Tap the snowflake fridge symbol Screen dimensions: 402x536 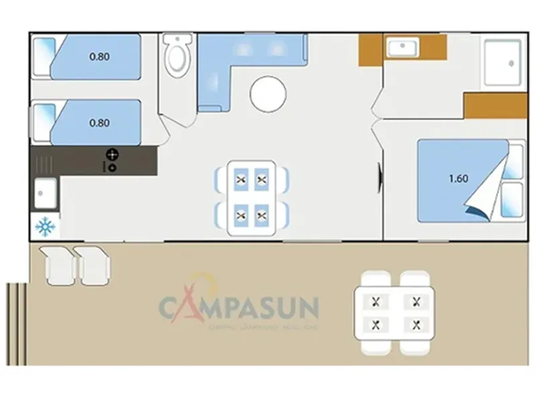[46, 227]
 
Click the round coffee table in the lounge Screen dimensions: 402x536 [268, 94]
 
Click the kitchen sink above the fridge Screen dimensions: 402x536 [46, 195]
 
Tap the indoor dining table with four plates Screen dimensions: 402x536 [251, 197]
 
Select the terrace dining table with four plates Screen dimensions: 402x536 [396, 313]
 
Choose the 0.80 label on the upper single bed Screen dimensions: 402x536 [99, 57]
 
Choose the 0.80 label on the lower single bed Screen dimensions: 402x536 [99, 123]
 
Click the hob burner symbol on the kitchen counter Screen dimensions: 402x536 [112, 155]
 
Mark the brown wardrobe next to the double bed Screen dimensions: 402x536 [495, 106]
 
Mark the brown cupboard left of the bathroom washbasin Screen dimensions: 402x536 [371, 50]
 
